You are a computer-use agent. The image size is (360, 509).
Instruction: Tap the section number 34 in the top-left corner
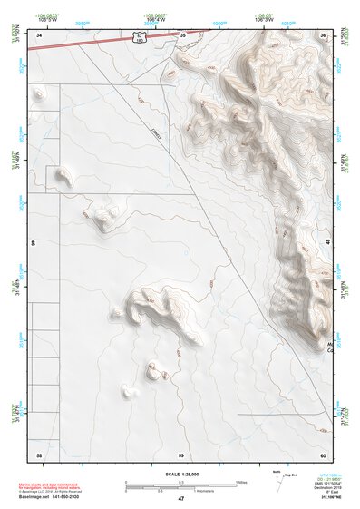[40, 35]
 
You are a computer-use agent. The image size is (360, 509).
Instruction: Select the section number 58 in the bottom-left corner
[38, 454]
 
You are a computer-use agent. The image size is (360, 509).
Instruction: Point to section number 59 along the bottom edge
[180, 454]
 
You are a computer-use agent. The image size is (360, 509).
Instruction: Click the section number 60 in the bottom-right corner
[323, 454]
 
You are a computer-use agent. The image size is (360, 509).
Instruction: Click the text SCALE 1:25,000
[180, 474]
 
